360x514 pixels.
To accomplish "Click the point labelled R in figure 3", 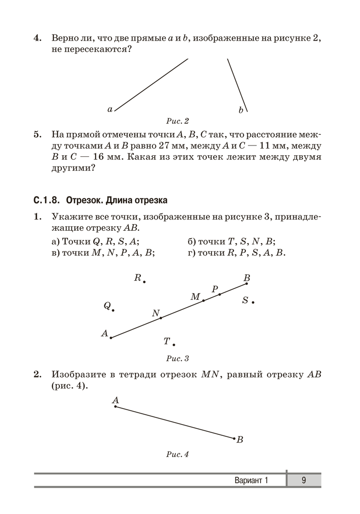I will (145, 282).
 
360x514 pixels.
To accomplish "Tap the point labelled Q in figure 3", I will (113, 310).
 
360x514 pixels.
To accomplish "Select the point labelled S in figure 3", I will (253, 302).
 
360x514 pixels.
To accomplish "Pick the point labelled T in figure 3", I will (174, 344).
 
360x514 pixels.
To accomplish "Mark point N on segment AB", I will (161, 318).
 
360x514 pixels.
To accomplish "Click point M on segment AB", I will (204, 300).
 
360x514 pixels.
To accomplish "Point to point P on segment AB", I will (220, 294).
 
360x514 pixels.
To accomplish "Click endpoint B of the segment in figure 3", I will (247, 283).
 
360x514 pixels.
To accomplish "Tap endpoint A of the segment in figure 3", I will (111, 338).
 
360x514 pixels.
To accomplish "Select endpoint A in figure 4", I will (115, 407).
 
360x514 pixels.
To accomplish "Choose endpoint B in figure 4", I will (234, 438).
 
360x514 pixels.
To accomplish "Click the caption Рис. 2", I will (178, 121).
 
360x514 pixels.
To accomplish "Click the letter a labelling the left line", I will (110, 109).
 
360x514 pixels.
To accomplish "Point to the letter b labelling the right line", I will (241, 110).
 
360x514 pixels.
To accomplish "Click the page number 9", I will (304, 481).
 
